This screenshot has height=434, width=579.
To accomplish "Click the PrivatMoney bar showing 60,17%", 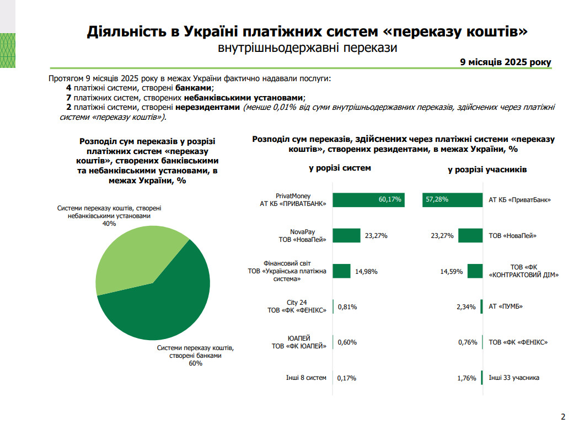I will [x=368, y=200].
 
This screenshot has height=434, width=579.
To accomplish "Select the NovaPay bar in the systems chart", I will [x=346, y=236].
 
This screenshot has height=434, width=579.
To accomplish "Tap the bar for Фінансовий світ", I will [x=341, y=271].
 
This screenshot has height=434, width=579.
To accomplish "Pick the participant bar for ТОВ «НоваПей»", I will [x=470, y=236].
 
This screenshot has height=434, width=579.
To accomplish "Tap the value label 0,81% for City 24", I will [x=347, y=306].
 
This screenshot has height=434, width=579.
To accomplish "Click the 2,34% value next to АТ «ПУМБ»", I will [x=466, y=307].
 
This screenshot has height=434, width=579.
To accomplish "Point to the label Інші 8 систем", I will [x=306, y=378].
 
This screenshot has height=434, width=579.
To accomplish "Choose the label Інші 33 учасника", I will [x=514, y=378].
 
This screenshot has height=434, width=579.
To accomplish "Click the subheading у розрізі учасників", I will [x=487, y=170].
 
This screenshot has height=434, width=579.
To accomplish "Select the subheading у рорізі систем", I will [x=340, y=168].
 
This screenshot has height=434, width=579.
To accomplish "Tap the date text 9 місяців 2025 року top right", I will [x=506, y=62].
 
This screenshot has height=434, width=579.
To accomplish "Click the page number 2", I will [x=563, y=416].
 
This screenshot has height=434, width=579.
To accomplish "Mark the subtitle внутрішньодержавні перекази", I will [x=308, y=48].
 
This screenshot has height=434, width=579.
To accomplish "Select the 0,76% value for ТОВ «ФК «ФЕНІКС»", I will [x=467, y=342].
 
